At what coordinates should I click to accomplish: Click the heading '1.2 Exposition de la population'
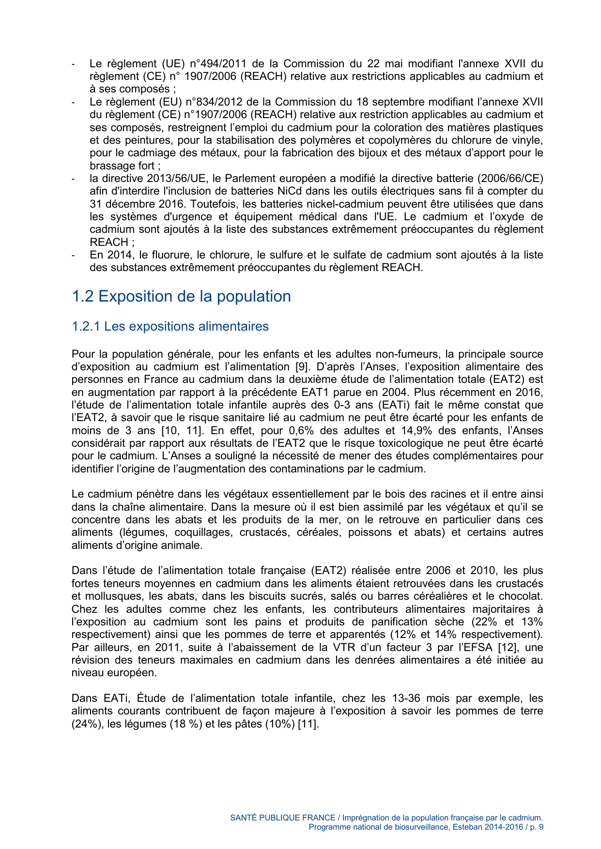[x=181, y=296]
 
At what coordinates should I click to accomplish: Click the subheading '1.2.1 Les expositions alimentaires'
[x=170, y=326]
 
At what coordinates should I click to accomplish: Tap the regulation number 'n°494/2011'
[x=218, y=63]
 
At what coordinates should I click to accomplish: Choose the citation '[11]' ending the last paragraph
[x=308, y=724]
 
